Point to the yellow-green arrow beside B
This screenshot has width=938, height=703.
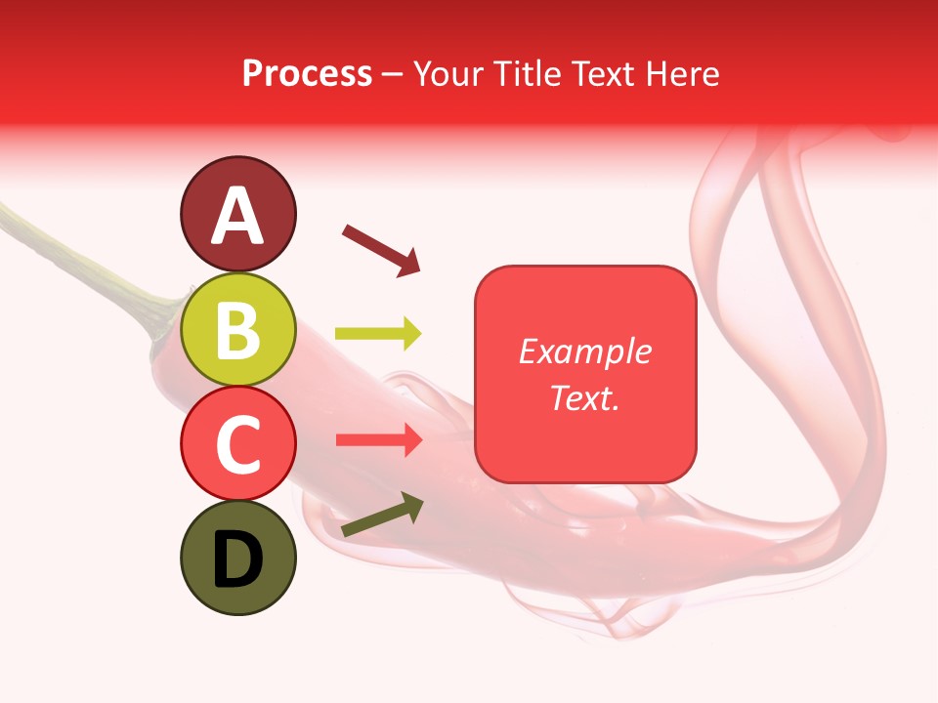[378, 334]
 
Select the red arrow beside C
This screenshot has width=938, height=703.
[378, 439]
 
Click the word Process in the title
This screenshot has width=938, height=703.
[307, 73]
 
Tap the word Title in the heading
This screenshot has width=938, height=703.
[527, 73]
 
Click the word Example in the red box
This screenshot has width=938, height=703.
[584, 351]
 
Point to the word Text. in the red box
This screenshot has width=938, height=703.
[584, 397]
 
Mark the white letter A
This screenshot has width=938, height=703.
[238, 216]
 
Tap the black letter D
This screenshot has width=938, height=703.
[238, 559]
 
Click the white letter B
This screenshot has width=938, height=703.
[238, 330]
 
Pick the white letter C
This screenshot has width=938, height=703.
[238, 444]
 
